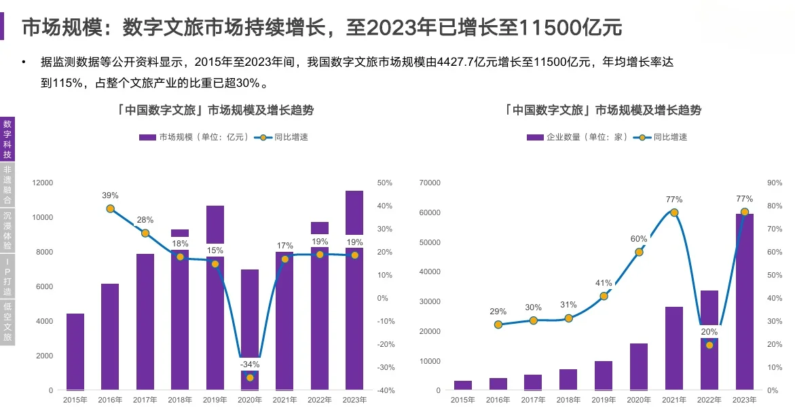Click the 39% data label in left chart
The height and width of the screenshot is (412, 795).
(110, 195)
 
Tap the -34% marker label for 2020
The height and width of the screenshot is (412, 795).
(249, 364)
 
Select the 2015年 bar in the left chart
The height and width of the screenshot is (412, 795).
(75, 352)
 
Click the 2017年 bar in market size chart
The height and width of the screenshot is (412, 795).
(145, 322)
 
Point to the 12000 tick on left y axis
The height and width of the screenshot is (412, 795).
(42, 183)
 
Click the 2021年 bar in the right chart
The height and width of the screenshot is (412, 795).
(674, 348)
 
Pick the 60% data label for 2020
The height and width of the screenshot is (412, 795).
(639, 239)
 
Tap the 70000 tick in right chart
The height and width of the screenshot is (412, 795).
(430, 183)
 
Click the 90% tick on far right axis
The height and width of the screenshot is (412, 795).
(775, 183)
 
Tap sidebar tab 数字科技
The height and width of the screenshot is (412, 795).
(7, 139)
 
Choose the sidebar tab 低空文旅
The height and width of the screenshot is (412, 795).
(7, 321)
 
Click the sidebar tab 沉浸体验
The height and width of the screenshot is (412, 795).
(7, 230)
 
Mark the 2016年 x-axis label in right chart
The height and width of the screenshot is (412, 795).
(498, 400)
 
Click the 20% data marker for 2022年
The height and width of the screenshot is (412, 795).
(709, 345)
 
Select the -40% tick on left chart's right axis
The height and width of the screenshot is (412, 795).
(385, 390)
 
